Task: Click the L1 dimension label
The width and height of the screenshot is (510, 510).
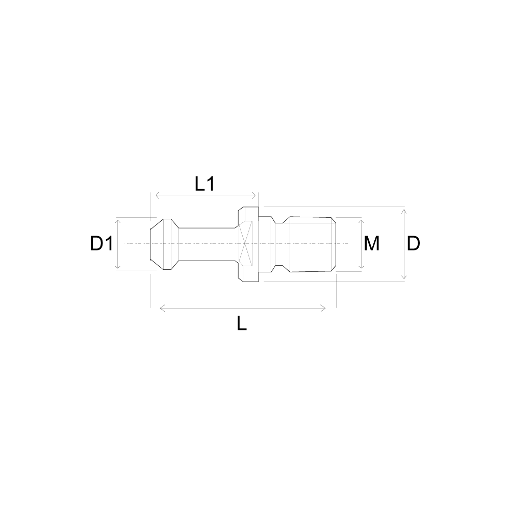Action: click(x=205, y=184)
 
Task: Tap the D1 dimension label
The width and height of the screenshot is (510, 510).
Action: click(x=101, y=243)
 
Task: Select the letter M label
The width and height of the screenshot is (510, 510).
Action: click(x=371, y=243)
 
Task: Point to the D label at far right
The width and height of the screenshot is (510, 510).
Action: click(x=414, y=243)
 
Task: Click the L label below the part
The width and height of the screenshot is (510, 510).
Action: click(x=242, y=323)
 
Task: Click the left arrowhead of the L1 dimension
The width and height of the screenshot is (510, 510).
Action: click(x=158, y=195)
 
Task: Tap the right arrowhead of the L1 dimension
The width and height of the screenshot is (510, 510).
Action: click(x=254, y=195)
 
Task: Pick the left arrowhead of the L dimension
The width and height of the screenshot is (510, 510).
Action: click(x=162, y=309)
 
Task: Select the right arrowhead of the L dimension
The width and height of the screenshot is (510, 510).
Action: click(x=323, y=309)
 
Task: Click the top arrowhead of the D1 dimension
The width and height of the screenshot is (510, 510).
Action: click(x=118, y=221)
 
